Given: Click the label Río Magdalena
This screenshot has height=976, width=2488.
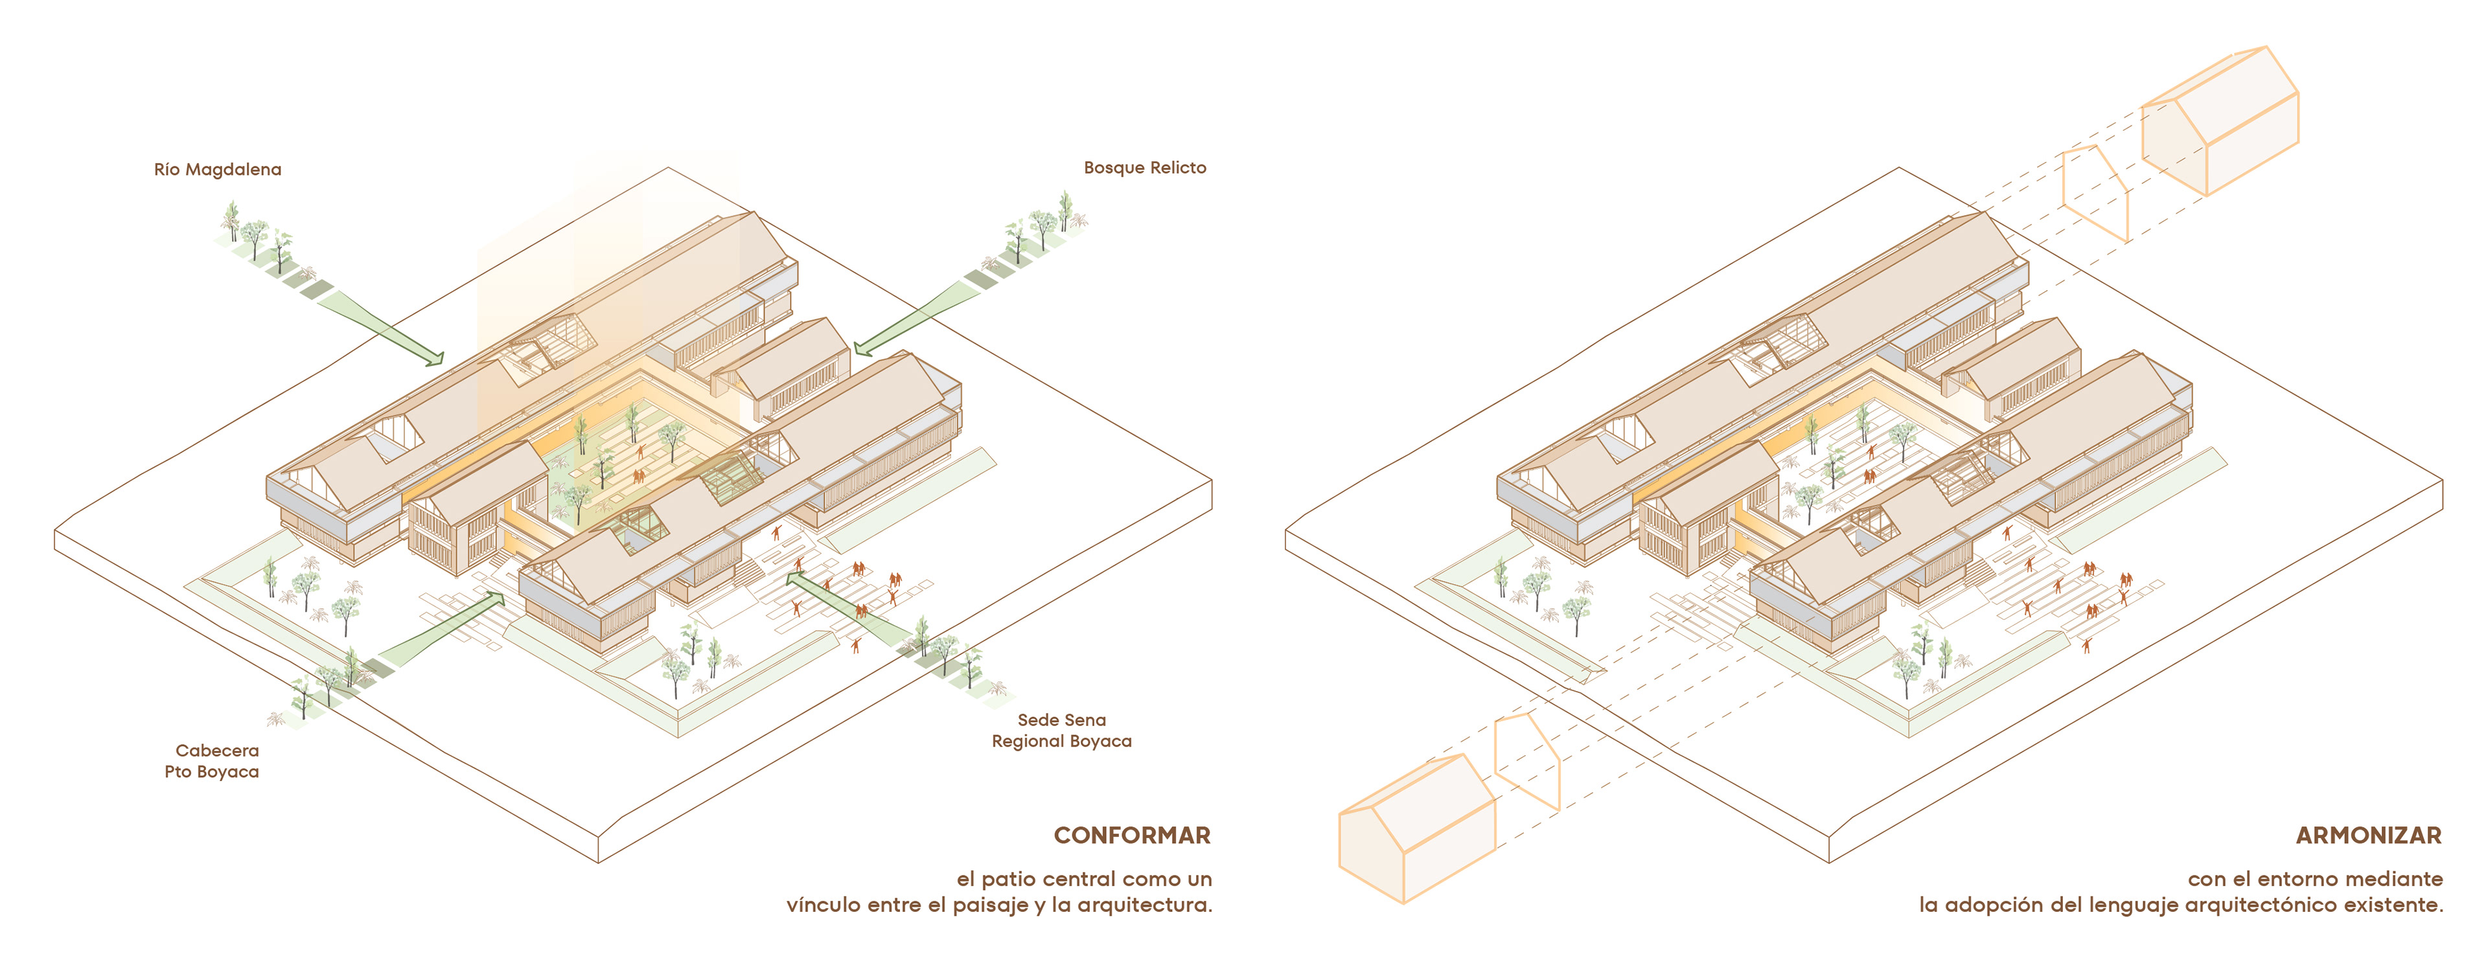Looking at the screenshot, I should pos(217,170).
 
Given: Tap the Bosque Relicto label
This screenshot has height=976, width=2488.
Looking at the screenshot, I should pos(1144,168).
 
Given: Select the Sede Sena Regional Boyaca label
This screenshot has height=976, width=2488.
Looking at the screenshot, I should pos(1061,731).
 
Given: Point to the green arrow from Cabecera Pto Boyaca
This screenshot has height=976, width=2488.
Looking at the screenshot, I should pos(439,632).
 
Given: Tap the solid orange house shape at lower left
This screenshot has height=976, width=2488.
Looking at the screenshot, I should pos(1416,830).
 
